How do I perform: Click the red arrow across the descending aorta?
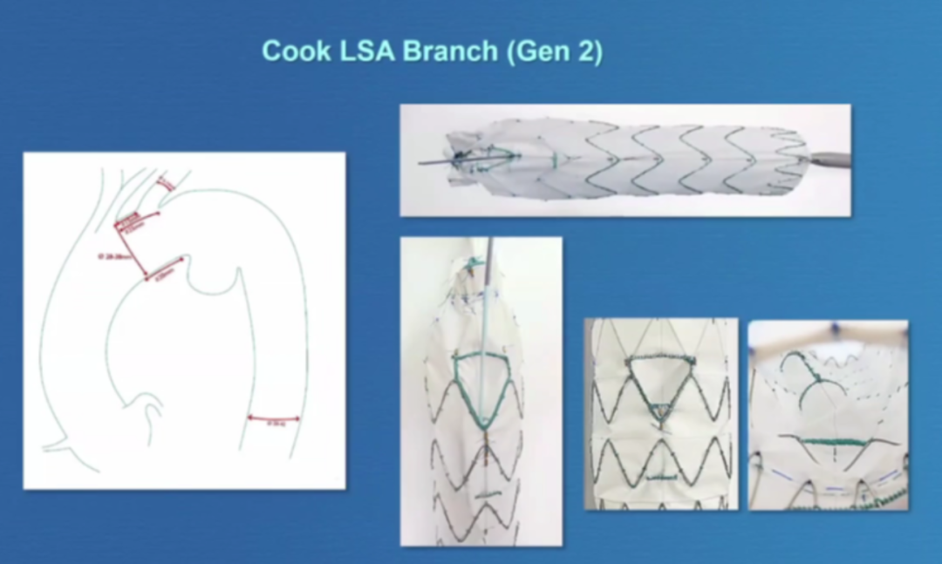pos(274,418)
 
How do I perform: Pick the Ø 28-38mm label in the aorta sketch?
pos(110,256)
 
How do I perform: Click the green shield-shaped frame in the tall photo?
pos(481,384)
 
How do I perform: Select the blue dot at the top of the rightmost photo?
pos(835,328)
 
